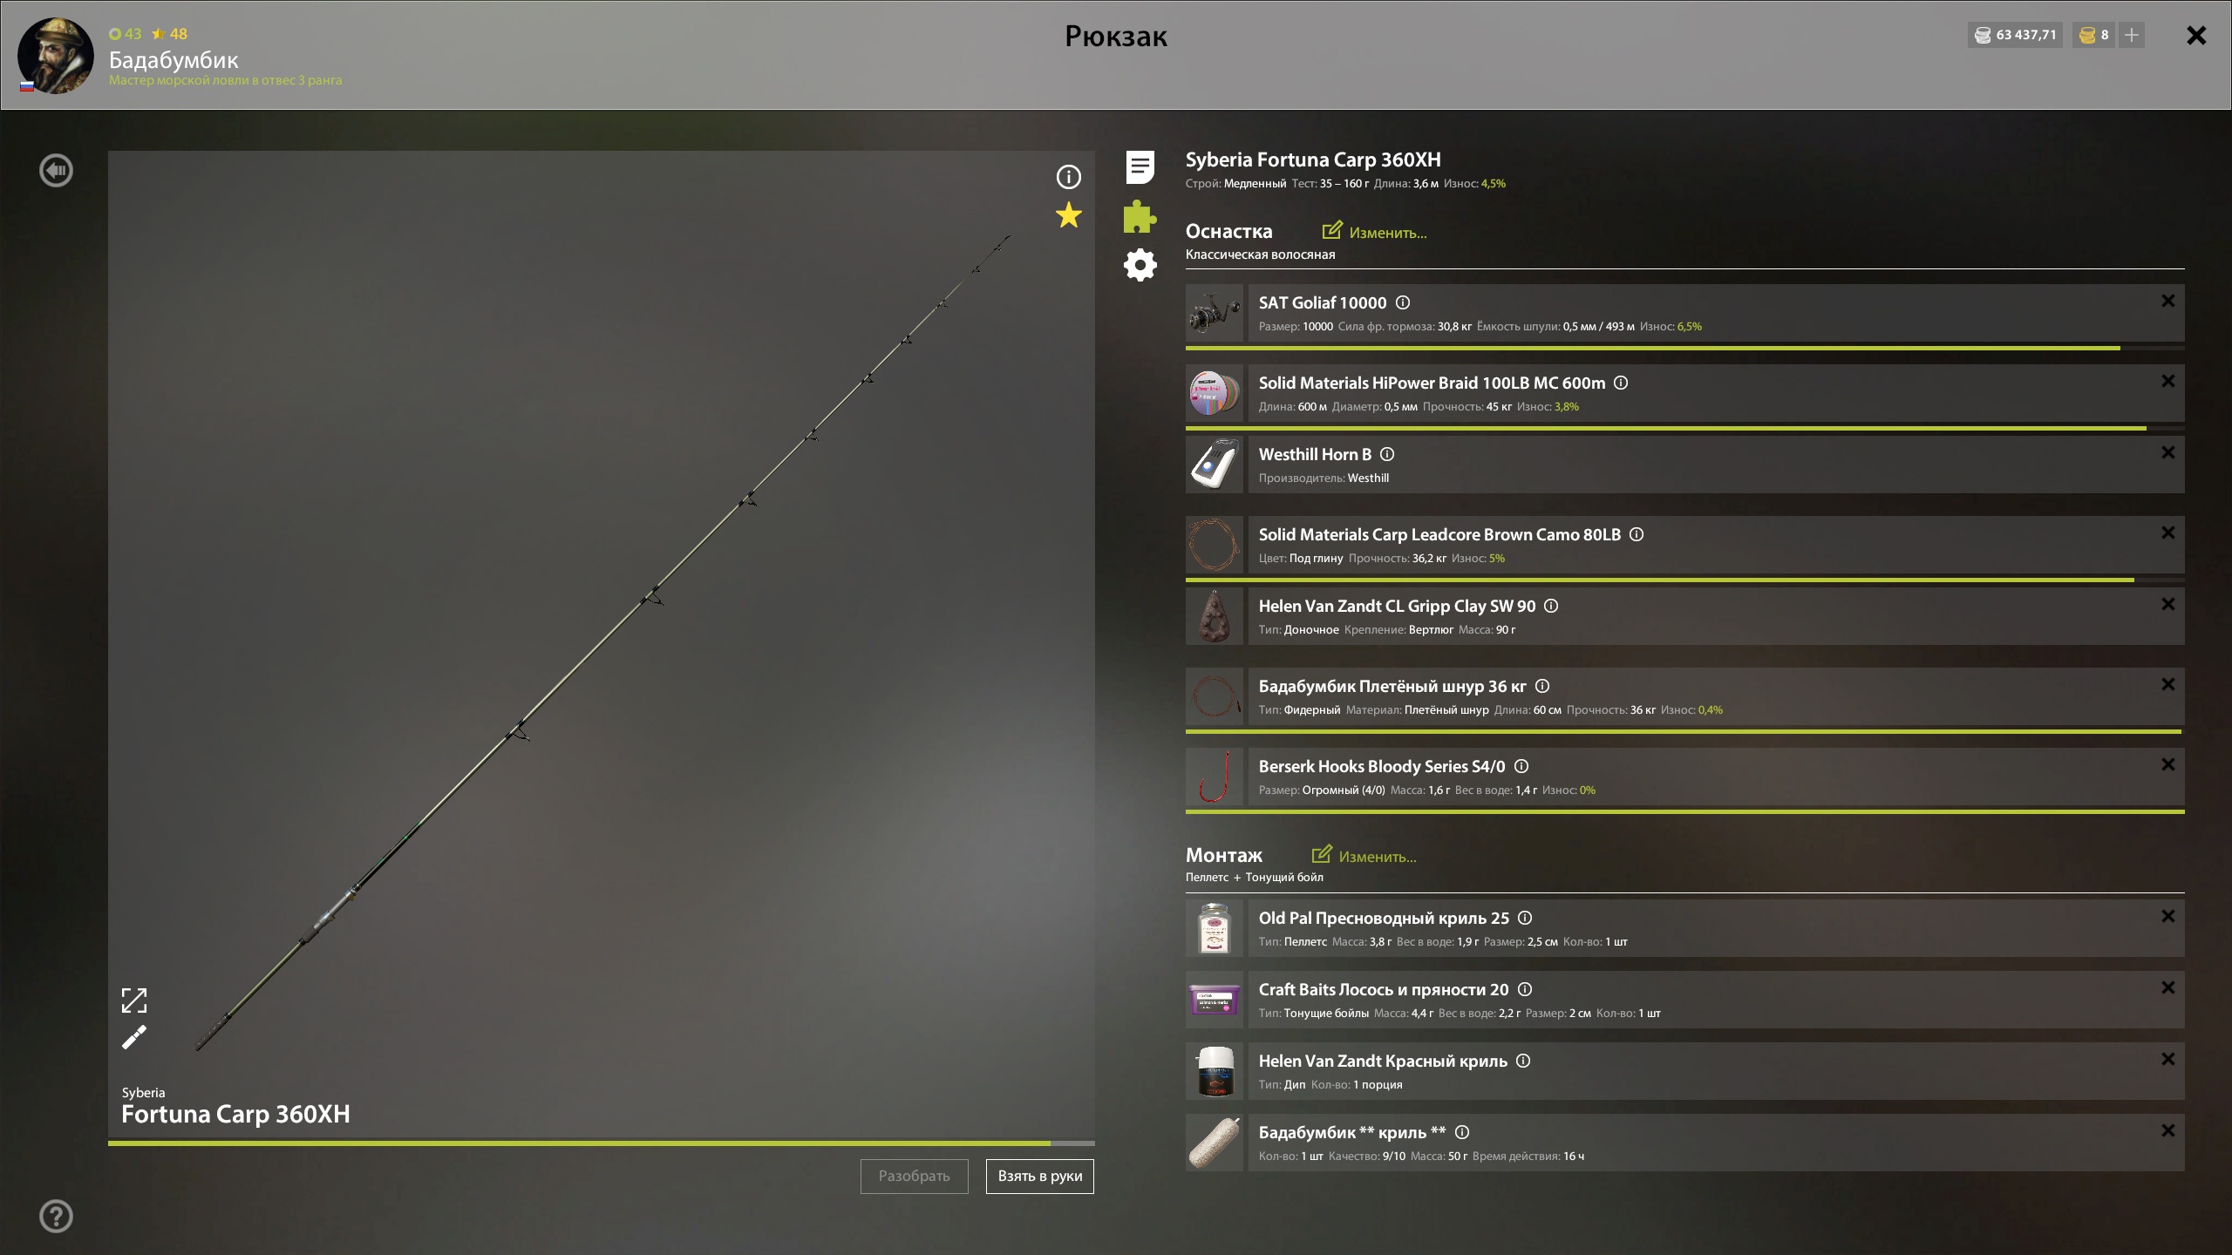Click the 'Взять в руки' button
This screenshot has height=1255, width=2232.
[1039, 1176]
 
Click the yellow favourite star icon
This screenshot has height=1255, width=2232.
[1068, 215]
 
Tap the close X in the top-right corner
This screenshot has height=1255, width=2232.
[2196, 35]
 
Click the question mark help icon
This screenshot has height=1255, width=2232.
[56, 1216]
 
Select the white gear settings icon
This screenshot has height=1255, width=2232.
[1140, 265]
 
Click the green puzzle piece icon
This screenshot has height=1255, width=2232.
[1140, 216]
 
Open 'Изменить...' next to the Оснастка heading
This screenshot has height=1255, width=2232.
[1374, 232]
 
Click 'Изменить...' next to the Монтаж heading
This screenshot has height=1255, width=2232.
[1364, 856]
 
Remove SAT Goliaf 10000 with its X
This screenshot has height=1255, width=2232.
[2167, 301]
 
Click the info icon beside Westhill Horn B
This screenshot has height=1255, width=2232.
[1387, 454]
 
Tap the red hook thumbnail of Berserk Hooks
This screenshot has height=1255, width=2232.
[1215, 777]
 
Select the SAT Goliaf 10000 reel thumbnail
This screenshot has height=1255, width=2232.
[1215, 313]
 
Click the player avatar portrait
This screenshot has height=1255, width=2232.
[56, 55]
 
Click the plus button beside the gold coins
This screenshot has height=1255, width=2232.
[2132, 35]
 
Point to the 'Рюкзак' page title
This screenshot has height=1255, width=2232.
[1116, 36]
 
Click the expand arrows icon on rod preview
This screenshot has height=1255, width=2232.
[134, 1001]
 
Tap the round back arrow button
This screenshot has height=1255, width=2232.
[56, 170]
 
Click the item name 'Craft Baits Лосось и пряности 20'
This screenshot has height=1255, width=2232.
[1383, 989]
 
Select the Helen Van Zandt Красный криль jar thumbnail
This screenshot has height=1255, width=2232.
[1215, 1071]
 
